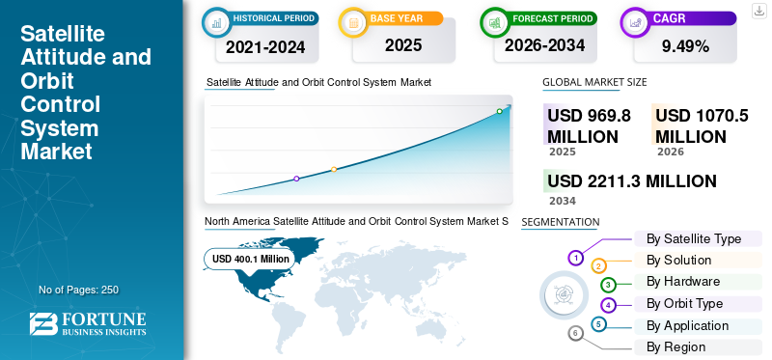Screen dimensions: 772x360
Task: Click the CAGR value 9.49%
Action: pos(685,46)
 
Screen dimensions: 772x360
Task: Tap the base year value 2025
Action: pos(403,45)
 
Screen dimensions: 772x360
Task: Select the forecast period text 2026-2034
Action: pos(544,45)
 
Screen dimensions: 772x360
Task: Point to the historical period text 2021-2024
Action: pos(265,46)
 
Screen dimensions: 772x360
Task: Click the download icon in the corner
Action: pos(759,11)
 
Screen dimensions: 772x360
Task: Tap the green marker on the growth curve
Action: pos(499,111)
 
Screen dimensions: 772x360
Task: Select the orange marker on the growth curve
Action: pos(334,170)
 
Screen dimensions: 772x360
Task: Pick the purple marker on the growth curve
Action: pos(296,179)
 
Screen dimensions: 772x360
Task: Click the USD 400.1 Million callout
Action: pos(250,259)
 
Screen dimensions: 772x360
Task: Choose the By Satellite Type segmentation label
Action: pos(694,238)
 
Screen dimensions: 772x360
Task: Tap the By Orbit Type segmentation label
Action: pos(685,303)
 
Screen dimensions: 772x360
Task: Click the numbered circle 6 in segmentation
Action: pos(575,334)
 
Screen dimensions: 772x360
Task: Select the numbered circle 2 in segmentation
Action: pos(598,266)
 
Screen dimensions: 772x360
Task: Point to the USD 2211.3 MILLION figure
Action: pos(632,181)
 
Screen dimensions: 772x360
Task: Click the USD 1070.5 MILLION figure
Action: pos(702,125)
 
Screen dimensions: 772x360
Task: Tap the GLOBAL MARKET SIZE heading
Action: pos(594,82)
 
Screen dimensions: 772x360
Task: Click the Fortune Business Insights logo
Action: pos(88,323)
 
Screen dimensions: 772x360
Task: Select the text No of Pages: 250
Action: pos(79,290)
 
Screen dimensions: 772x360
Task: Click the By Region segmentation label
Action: pos(676,346)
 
